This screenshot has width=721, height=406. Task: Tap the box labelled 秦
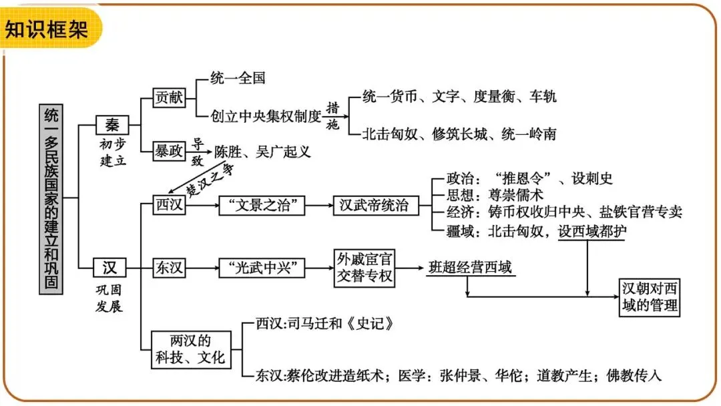click(111, 125)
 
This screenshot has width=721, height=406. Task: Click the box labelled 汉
click(109, 268)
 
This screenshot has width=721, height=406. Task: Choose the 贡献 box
click(168, 97)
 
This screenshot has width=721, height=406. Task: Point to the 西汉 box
click(168, 205)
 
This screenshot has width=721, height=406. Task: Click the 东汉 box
click(168, 268)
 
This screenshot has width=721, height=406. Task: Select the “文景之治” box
click(262, 205)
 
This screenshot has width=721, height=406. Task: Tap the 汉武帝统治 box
click(375, 205)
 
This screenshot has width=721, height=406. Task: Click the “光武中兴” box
click(262, 268)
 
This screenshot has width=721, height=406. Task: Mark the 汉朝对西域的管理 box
click(650, 297)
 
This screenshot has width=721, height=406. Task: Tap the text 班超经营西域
click(470, 268)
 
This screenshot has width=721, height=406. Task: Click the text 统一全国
click(238, 77)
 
